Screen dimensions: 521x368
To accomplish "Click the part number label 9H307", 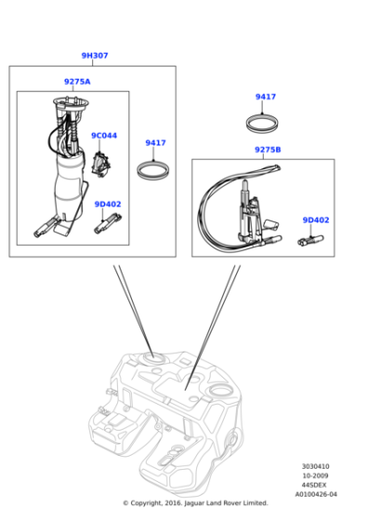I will click(94, 56).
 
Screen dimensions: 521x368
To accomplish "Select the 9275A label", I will click(77, 82).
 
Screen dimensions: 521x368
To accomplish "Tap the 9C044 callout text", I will click(103, 136).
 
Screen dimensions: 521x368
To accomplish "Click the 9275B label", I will click(268, 150).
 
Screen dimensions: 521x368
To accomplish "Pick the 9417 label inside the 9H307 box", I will click(155, 142).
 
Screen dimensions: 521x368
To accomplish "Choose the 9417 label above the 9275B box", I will click(266, 97).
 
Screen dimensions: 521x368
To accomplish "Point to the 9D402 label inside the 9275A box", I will click(108, 204).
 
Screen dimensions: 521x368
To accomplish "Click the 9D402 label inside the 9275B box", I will click(315, 220).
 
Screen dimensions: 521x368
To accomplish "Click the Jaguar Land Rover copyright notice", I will click(194, 503).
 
